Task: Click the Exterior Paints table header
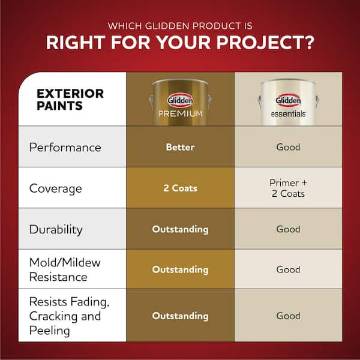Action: pyautogui.click(x=70, y=100)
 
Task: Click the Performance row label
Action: pyautogui.click(x=65, y=147)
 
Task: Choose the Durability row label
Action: pyautogui.click(x=56, y=229)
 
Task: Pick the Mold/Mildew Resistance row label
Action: pyautogui.click(x=65, y=269)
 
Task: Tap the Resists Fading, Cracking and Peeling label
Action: pyautogui.click(x=69, y=316)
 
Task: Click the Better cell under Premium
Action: pyautogui.click(x=180, y=147)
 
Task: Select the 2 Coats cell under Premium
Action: pyautogui.click(x=180, y=188)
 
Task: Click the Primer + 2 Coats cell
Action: pyautogui.click(x=288, y=188)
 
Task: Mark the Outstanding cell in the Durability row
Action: pyautogui.click(x=180, y=229)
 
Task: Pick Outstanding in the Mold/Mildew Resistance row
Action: pyautogui.click(x=180, y=269)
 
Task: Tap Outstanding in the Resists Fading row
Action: pyautogui.click(x=180, y=316)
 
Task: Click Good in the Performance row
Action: pyautogui.click(x=288, y=147)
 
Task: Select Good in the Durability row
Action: pyautogui.click(x=288, y=229)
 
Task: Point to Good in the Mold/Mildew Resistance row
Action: pyautogui.click(x=288, y=269)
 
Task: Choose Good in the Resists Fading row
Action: pyautogui.click(x=288, y=316)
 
